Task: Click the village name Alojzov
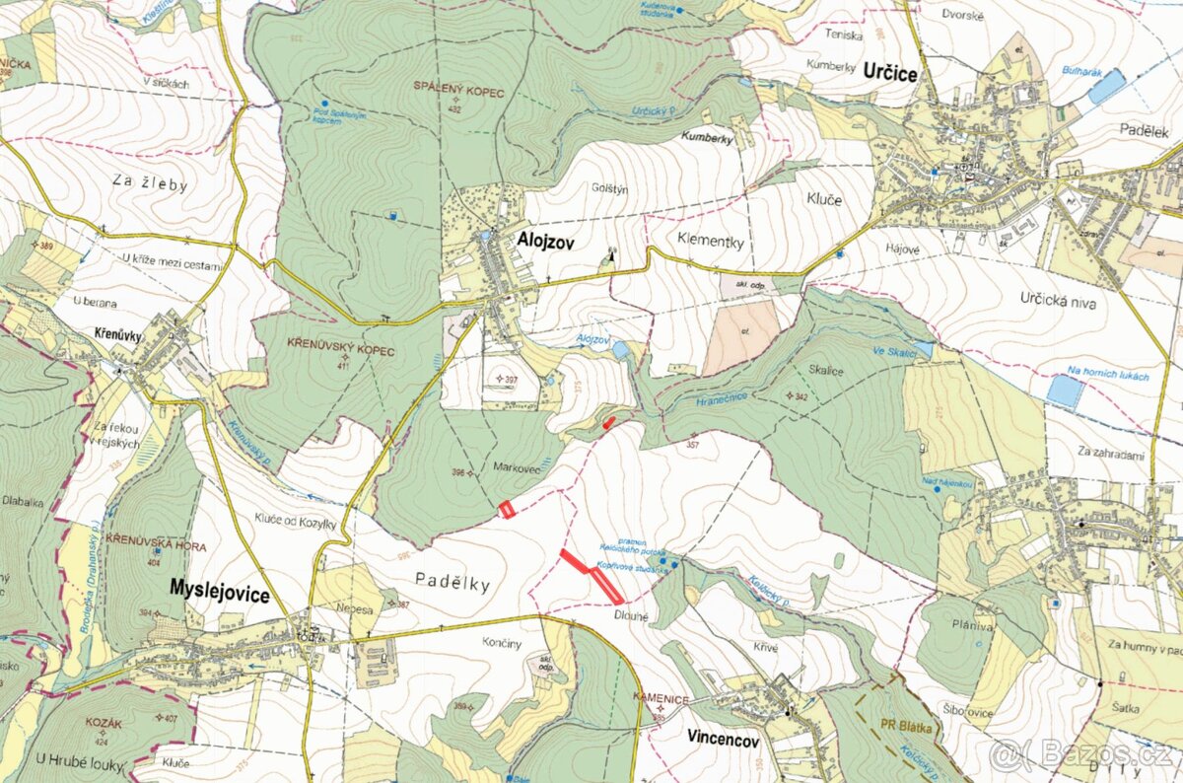pyautogui.click(x=547, y=239)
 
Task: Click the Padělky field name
pyautogui.click(x=452, y=583)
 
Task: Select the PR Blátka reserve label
pyautogui.click(x=908, y=728)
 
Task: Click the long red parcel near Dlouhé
pyautogui.click(x=591, y=576)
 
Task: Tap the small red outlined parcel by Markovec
pyautogui.click(x=507, y=510)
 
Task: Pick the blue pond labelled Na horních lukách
pyautogui.click(x=1065, y=391)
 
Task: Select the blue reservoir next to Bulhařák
pyautogui.click(x=1106, y=87)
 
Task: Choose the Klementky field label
pyautogui.click(x=710, y=240)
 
